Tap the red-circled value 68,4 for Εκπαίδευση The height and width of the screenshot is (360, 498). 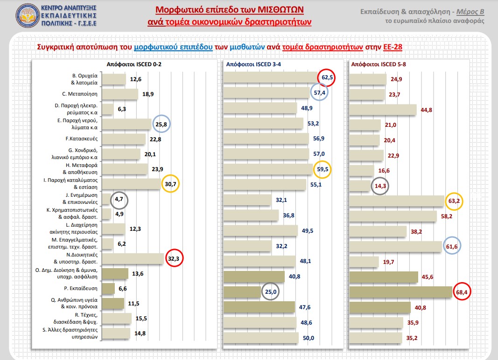pyautogui.click(x=461, y=292)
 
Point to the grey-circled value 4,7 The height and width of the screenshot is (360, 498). pyautogui.click(x=119, y=200)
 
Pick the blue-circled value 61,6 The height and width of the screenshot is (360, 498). pyautogui.click(x=451, y=246)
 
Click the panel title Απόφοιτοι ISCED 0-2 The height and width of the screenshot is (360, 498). pyautogui.click(x=130, y=65)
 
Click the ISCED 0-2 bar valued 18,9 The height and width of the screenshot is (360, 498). pyautogui.click(x=119, y=94)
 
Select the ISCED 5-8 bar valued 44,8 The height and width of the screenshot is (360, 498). pyautogui.click(x=383, y=110)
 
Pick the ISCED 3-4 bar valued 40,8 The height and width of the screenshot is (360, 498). pyautogui.click(x=254, y=277)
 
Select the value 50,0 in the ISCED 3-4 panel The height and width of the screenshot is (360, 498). pyautogui.click(x=309, y=338)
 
